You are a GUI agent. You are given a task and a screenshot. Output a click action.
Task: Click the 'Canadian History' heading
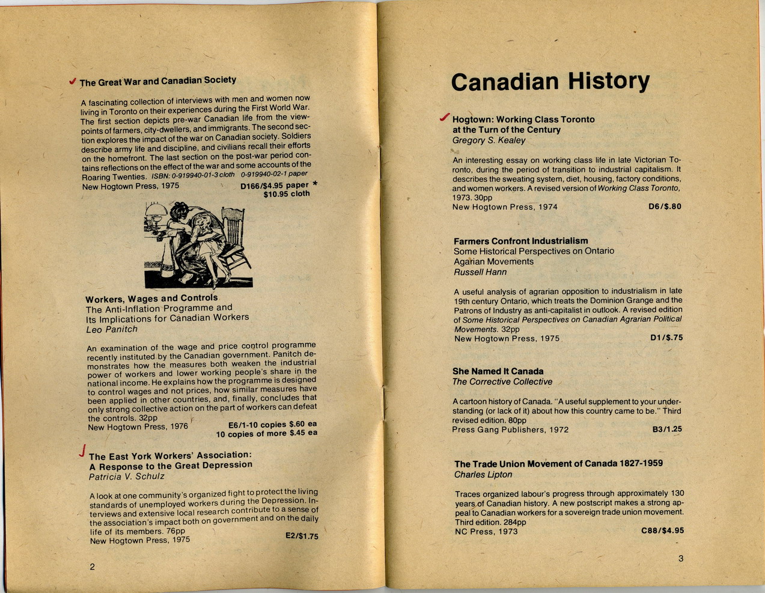point(550,82)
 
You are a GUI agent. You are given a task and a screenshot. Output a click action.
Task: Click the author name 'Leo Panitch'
point(112,329)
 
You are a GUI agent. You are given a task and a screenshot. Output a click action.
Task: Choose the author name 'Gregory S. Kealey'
point(489,141)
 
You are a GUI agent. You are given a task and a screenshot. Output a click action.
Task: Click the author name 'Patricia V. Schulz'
point(126,476)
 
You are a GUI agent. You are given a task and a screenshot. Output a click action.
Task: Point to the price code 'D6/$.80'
point(665,207)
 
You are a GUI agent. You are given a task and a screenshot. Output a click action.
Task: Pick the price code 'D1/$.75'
point(666,338)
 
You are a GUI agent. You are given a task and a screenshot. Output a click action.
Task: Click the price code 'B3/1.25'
point(667,430)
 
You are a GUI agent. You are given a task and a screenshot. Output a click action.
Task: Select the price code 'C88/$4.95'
point(662,531)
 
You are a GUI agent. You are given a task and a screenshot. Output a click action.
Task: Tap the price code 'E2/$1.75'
point(302,535)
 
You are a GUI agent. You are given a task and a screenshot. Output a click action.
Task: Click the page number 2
point(92,567)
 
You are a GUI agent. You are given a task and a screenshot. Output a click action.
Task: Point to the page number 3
point(681,558)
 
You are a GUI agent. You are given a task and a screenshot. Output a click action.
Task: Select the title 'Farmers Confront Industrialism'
point(520,241)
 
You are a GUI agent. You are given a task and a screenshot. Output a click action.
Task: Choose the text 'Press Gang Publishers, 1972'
point(510,430)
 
